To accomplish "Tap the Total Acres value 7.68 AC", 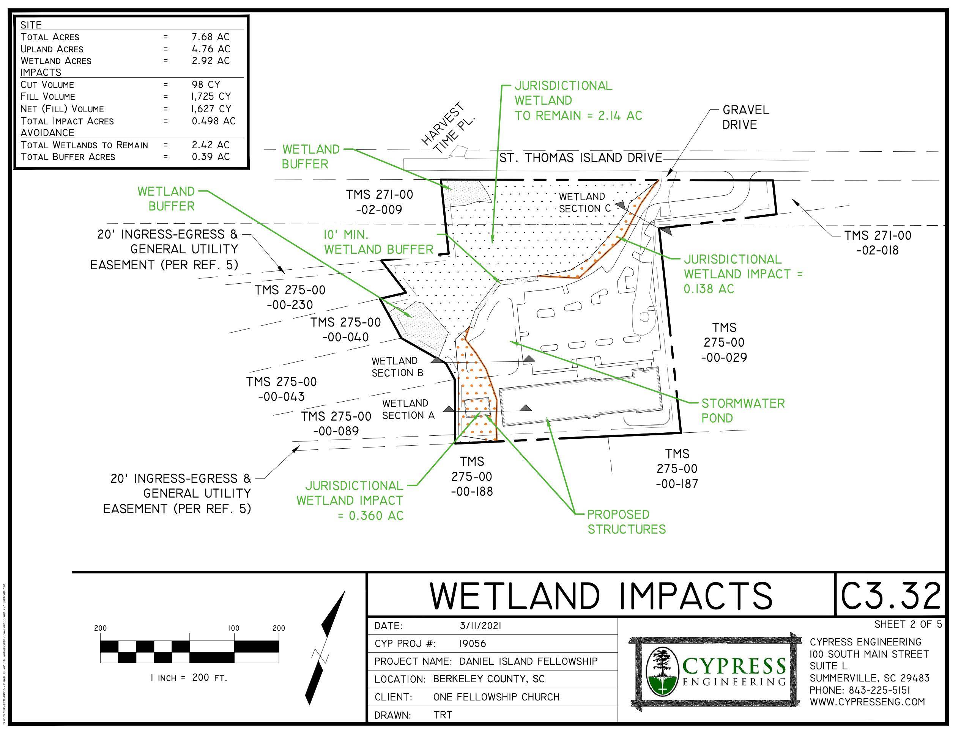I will click(x=210, y=37).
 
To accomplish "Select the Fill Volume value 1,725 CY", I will click(x=211, y=96).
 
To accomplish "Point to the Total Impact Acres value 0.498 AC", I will click(x=213, y=121).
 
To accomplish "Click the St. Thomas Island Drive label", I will click(x=580, y=158).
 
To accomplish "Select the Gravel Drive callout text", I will click(x=745, y=117).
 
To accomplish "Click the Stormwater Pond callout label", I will click(x=742, y=410).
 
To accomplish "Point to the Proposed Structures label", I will click(x=627, y=521).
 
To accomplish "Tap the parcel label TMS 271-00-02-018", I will click(x=878, y=243).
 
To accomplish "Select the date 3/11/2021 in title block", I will click(x=480, y=625).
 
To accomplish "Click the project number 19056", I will click(x=473, y=644).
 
